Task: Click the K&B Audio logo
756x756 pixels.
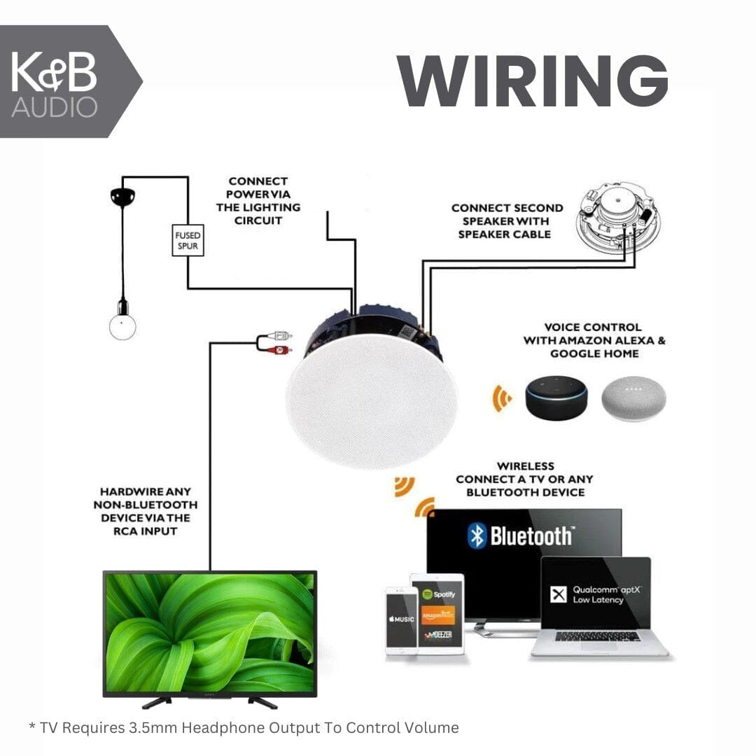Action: [55, 82]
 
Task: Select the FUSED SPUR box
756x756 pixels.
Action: [188, 240]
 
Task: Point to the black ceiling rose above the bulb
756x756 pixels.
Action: [122, 197]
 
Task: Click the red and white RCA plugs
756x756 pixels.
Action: [276, 343]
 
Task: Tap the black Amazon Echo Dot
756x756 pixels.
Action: [557, 398]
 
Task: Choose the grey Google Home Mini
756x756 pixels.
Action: [633, 400]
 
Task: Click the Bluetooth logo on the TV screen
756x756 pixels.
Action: [477, 536]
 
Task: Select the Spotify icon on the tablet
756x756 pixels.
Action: [438, 594]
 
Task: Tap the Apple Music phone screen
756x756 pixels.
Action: [400, 619]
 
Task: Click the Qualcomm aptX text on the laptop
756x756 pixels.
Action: [596, 595]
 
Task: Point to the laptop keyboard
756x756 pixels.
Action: [597, 636]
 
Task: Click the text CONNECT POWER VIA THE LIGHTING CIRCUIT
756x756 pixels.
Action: [258, 201]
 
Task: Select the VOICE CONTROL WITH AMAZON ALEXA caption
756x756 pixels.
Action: [594, 340]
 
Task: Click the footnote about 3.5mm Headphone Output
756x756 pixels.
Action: [244, 728]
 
